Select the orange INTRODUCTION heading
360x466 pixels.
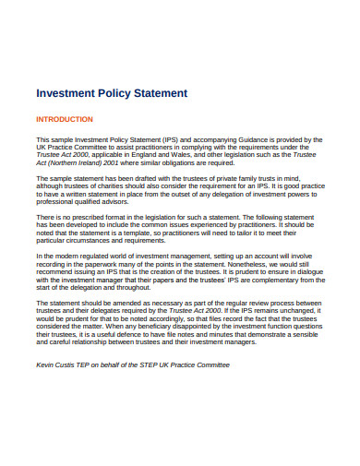click(64, 119)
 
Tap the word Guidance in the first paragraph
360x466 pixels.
click(262, 140)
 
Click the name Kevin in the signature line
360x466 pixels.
click(45, 364)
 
